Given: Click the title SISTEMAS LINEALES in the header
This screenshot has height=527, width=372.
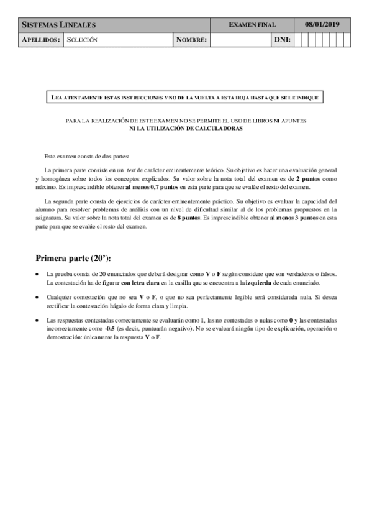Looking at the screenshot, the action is pyautogui.click(x=59, y=25).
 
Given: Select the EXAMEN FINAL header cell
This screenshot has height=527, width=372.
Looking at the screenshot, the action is pyautogui.click(x=252, y=25).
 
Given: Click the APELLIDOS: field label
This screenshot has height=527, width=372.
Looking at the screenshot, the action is pyautogui.click(x=41, y=40).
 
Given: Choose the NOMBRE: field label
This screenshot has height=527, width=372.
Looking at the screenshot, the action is pyautogui.click(x=191, y=40).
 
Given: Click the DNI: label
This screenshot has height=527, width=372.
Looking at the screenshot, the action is pyautogui.click(x=282, y=40).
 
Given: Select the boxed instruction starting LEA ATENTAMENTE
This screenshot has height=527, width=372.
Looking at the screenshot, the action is pyautogui.click(x=184, y=98).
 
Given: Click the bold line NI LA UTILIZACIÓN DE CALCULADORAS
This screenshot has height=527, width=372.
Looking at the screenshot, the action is pyautogui.click(x=186, y=128).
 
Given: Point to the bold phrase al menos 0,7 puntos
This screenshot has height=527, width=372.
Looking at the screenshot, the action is pyautogui.click(x=152, y=187).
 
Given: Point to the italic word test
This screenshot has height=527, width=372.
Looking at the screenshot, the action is pyautogui.click(x=131, y=170).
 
